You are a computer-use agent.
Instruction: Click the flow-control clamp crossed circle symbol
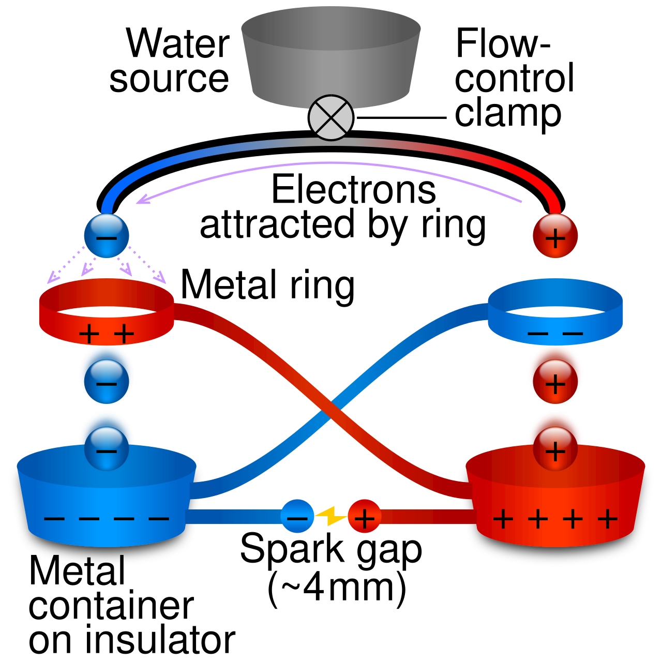331,117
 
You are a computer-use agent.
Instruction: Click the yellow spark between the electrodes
331,516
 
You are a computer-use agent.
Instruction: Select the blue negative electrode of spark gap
297,516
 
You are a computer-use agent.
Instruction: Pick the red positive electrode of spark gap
365,516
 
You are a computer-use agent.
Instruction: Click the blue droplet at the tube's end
107,236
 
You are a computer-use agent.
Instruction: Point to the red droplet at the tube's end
555,236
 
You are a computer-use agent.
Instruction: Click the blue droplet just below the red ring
107,382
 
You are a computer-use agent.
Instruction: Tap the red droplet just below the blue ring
555,382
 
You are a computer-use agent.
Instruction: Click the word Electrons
354,190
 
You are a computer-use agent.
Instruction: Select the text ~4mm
337,587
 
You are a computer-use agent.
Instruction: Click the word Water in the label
178,43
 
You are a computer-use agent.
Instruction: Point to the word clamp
508,113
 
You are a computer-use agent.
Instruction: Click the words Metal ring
267,285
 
